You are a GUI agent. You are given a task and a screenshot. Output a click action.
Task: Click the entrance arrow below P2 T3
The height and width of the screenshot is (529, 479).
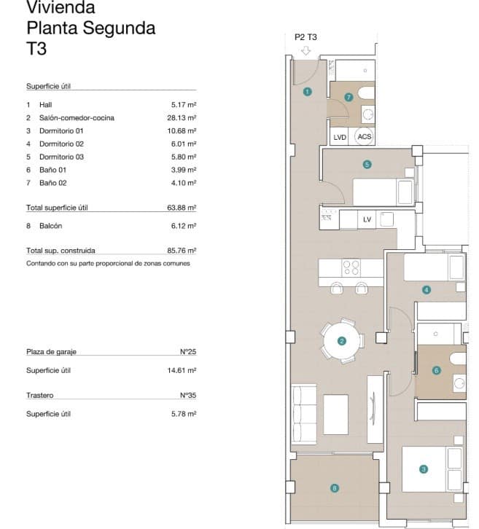click(306, 51)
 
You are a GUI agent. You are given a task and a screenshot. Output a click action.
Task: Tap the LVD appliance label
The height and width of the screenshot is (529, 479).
click(340, 136)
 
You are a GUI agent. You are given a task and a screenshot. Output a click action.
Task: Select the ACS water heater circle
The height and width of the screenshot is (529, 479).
click(364, 136)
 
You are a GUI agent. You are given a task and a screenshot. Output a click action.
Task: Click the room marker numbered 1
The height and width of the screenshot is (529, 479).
click(308, 92)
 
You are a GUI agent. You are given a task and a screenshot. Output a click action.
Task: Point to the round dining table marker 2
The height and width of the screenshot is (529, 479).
click(340, 340)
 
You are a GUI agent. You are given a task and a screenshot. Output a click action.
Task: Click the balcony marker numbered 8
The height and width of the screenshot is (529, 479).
click(335, 488)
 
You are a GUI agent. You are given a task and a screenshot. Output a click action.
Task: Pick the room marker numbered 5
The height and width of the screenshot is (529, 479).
click(367, 165)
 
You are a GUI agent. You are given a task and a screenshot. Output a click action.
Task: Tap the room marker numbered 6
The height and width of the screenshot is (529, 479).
click(437, 370)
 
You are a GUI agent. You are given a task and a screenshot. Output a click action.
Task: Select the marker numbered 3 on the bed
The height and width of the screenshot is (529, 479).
click(423, 470)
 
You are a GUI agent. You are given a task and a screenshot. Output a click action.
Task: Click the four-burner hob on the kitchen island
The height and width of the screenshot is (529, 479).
click(351, 267)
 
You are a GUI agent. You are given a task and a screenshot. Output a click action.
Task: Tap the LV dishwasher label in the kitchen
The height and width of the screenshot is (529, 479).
click(367, 219)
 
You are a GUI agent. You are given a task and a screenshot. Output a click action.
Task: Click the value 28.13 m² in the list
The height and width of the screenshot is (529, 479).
click(182, 117)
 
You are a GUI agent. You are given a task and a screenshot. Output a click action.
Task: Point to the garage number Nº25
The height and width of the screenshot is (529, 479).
click(188, 351)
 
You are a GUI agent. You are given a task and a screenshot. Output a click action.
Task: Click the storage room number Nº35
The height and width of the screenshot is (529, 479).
click(188, 396)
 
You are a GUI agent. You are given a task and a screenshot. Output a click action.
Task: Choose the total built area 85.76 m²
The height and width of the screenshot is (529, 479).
click(182, 250)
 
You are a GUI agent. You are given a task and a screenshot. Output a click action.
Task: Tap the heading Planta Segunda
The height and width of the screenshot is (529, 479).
click(90, 28)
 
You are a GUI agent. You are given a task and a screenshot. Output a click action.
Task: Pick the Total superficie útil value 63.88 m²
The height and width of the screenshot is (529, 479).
click(182, 208)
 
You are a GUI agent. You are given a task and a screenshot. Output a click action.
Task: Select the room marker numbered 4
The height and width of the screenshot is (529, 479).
click(427, 289)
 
